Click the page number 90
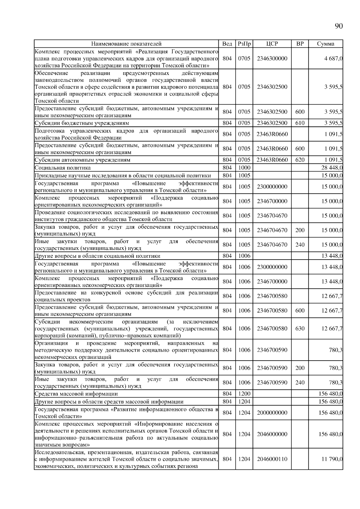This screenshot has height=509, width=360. point(338,26)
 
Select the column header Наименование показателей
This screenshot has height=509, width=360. point(126,44)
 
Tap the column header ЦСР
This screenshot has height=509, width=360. point(272,44)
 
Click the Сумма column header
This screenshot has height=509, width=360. point(325,44)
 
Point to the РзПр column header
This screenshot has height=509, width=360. point(244,44)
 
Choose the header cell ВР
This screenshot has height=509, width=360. point(300,44)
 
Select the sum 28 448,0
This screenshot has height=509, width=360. point(332,168)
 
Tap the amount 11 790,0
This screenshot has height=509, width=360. point(332,459)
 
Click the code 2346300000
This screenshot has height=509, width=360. point(272,58)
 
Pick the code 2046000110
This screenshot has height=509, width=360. point(272,459)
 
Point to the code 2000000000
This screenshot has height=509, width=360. point(272,413)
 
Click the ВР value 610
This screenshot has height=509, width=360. point(300,123)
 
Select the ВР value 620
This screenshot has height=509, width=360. point(300,160)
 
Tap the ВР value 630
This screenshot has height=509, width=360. point(300,329)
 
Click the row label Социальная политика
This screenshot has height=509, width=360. point(63,168)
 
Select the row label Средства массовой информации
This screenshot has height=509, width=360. point(76,394)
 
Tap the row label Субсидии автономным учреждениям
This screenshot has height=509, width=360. point(82,160)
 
